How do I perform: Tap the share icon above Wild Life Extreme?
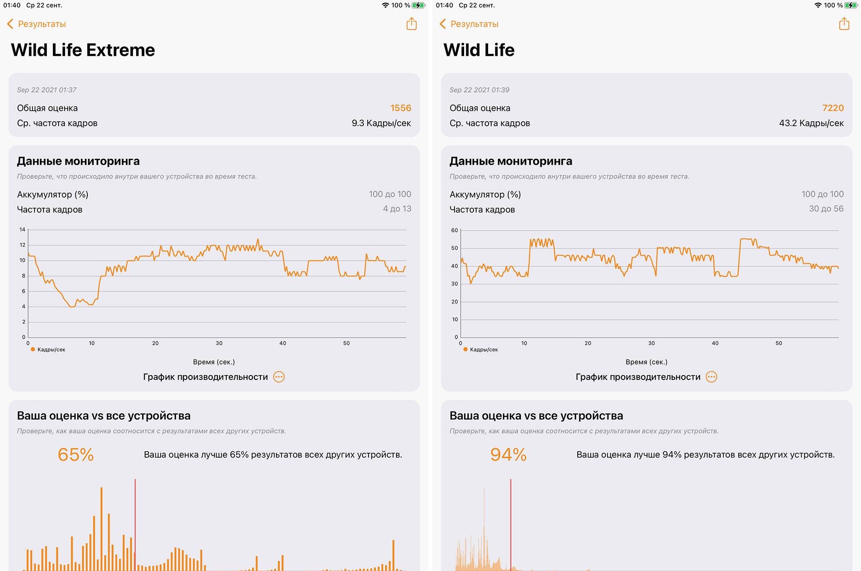(x=412, y=24)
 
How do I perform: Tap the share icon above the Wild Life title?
(x=844, y=24)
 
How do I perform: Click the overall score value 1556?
(x=400, y=108)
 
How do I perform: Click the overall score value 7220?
(x=833, y=108)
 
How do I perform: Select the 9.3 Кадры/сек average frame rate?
(x=381, y=123)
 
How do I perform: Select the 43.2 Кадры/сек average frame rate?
(x=811, y=123)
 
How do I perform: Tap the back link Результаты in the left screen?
(x=37, y=24)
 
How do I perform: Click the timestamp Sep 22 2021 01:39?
(x=479, y=90)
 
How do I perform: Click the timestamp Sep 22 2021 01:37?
(x=46, y=90)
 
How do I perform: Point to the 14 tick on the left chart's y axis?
(x=22, y=230)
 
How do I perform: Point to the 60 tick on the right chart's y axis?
(x=455, y=231)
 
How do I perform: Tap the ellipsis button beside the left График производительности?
(x=279, y=377)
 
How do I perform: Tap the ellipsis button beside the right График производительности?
(x=712, y=377)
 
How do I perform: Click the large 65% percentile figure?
(x=76, y=455)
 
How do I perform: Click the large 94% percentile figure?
(x=508, y=455)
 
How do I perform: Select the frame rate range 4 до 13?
(x=397, y=209)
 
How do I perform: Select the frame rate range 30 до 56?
(x=826, y=209)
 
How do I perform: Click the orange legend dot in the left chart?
(x=33, y=349)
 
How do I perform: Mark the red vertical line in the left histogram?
(x=135, y=525)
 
